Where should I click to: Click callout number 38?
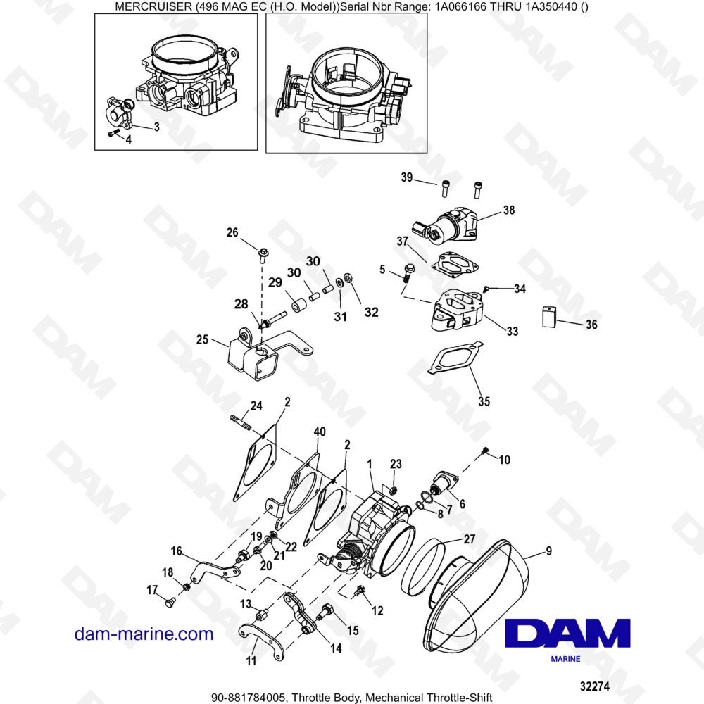[x=508, y=210]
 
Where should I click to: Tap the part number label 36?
[x=591, y=325]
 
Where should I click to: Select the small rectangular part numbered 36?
[x=550, y=317]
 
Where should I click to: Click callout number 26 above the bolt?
[x=232, y=232]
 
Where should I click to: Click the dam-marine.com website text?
[x=144, y=634]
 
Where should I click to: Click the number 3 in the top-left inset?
[x=156, y=127]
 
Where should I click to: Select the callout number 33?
[x=511, y=332]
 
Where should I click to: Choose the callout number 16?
[x=176, y=551]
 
